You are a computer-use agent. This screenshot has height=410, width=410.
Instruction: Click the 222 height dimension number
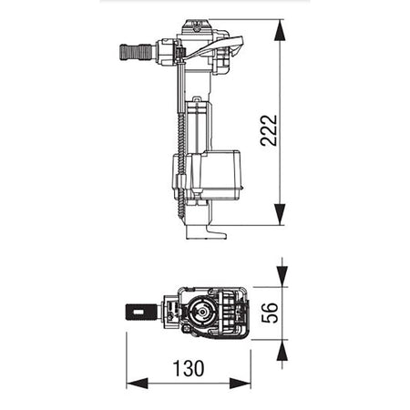coord(269,130)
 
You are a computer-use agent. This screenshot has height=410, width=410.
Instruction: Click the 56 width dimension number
coord(270,313)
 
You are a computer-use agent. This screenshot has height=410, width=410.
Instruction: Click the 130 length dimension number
coord(189,368)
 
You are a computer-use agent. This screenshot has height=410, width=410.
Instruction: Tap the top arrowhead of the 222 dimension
coord(280,30)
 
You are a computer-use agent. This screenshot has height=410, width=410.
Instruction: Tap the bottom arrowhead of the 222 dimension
coord(280,214)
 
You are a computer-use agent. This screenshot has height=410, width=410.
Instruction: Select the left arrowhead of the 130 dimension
coord(137,384)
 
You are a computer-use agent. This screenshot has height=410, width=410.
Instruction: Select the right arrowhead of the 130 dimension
coord(240,384)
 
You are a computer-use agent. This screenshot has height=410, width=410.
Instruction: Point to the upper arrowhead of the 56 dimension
coord(282,276)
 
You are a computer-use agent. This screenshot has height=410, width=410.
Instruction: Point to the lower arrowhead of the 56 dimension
coord(282,350)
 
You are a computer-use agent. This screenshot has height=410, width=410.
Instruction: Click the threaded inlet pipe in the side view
coord(137,52)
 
